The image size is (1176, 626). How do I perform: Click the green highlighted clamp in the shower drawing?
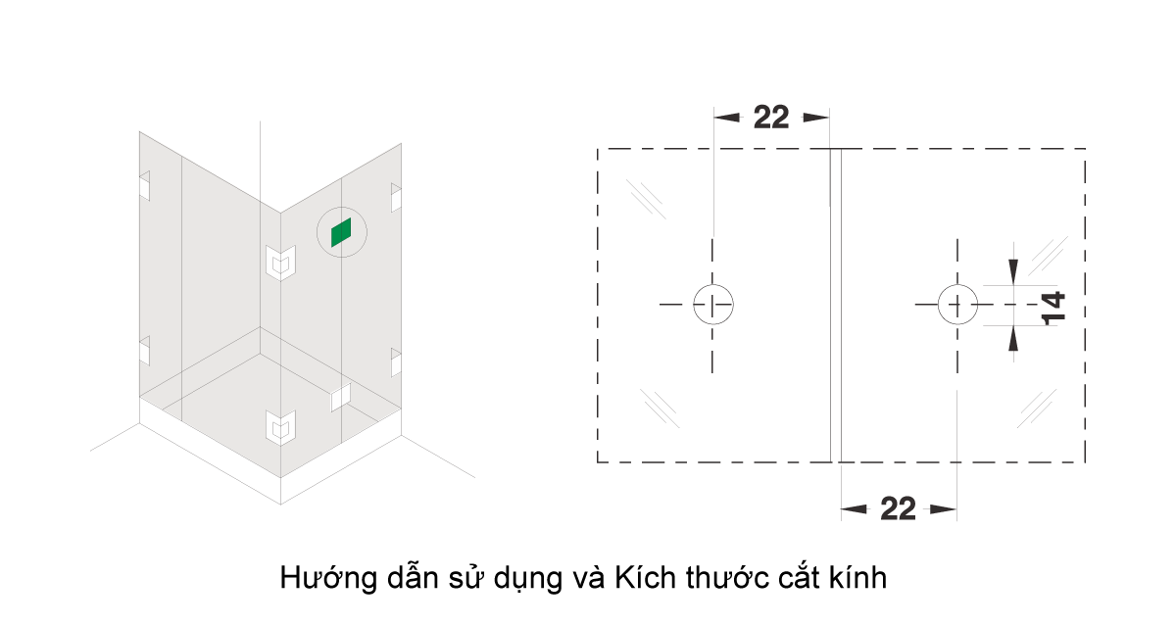[x=341, y=232]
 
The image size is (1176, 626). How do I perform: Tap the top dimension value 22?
[x=770, y=117]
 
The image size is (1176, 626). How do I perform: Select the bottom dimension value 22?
[x=898, y=508]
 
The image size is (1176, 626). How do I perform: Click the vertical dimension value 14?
[x=1053, y=309]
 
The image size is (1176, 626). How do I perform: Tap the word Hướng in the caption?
[x=328, y=578]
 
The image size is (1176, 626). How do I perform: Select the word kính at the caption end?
[x=858, y=577]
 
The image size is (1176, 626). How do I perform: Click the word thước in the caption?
[x=726, y=577]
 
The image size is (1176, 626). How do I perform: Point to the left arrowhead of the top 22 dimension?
[x=726, y=118]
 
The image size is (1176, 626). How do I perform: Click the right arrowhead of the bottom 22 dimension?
[x=943, y=509]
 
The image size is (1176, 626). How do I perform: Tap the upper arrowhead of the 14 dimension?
[x=1013, y=271]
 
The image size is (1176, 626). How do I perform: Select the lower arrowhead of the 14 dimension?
[x=1013, y=338]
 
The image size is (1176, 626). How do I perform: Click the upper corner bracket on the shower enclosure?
[x=280, y=263]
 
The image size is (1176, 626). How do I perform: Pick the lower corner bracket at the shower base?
[x=280, y=427]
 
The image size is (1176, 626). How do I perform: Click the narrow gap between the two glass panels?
[x=836, y=306]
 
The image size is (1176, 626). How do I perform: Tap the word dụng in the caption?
[x=526, y=580]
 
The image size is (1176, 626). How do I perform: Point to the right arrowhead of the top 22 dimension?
[x=816, y=118]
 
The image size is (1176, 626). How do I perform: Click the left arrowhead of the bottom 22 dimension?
[x=855, y=509]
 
